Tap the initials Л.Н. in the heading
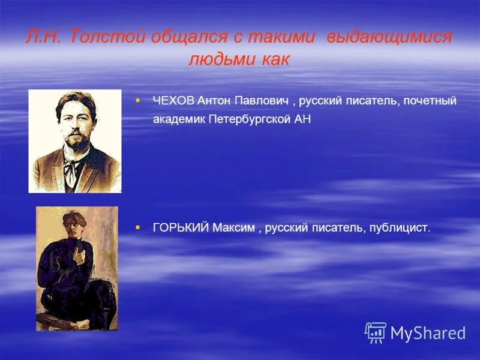pos(44,37)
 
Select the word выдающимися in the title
pos(389,37)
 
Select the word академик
pos(179,119)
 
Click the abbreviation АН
pos(302,119)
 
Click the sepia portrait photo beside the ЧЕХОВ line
pos(75,141)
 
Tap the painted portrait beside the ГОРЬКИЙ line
pos(77,268)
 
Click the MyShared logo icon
pos(376,332)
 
